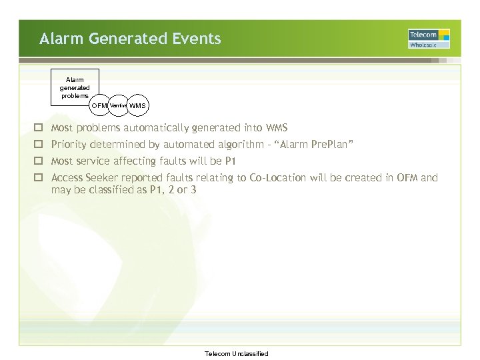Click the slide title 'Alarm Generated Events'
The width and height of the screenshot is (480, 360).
point(130,39)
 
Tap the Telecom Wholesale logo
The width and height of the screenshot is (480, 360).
point(429,39)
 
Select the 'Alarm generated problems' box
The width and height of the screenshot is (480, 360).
point(75,87)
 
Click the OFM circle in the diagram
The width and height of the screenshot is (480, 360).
point(99,105)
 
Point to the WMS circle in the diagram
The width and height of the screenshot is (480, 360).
point(137,105)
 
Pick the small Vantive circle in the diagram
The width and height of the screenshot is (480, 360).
point(118,105)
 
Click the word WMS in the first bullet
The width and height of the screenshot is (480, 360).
point(276,127)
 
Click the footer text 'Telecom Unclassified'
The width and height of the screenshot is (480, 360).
point(236,353)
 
